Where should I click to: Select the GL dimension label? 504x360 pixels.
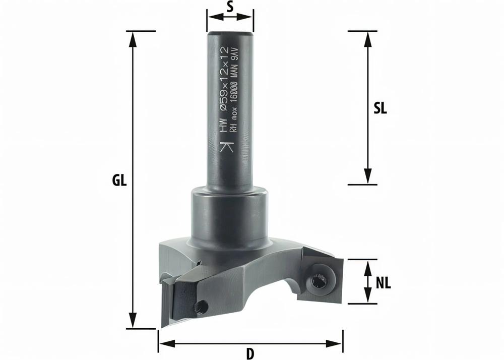(x=119, y=181)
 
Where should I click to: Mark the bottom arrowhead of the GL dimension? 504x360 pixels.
(x=133, y=323)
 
